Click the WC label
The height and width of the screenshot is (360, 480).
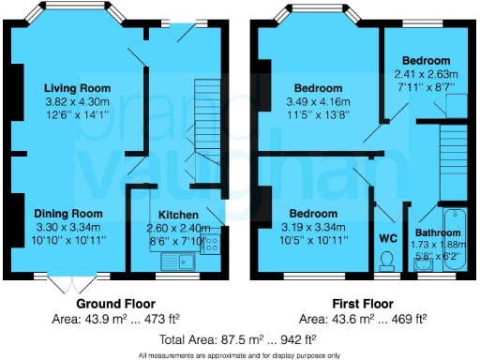[x=387, y=238]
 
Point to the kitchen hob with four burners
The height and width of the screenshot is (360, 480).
[x=209, y=244]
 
